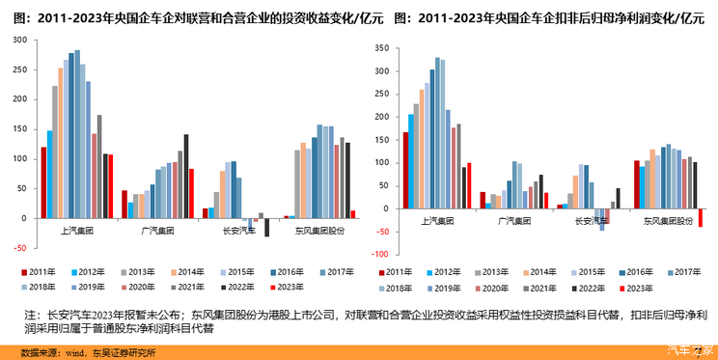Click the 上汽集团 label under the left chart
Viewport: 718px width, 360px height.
pyautogui.click(x=76, y=230)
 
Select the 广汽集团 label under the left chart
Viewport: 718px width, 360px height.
pyautogui.click(x=156, y=230)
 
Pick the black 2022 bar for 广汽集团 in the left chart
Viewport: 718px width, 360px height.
pyautogui.click(x=185, y=177)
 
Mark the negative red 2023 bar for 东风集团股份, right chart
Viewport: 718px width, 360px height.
pyautogui.click(x=701, y=218)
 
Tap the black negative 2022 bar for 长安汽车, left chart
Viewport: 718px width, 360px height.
pyautogui.click(x=267, y=228)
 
